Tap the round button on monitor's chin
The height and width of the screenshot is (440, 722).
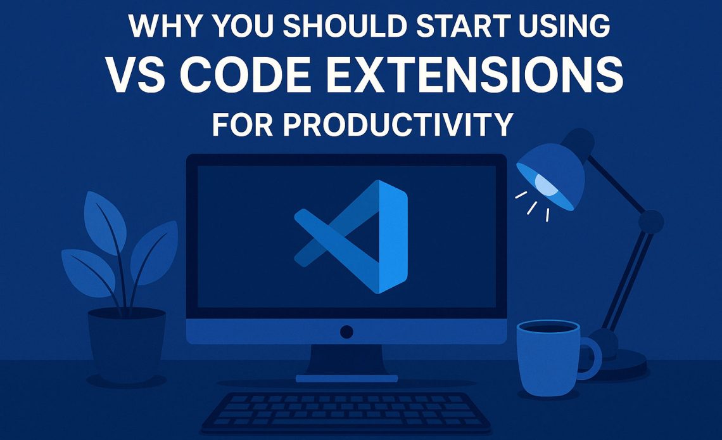346,331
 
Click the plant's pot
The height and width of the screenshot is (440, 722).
126,343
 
